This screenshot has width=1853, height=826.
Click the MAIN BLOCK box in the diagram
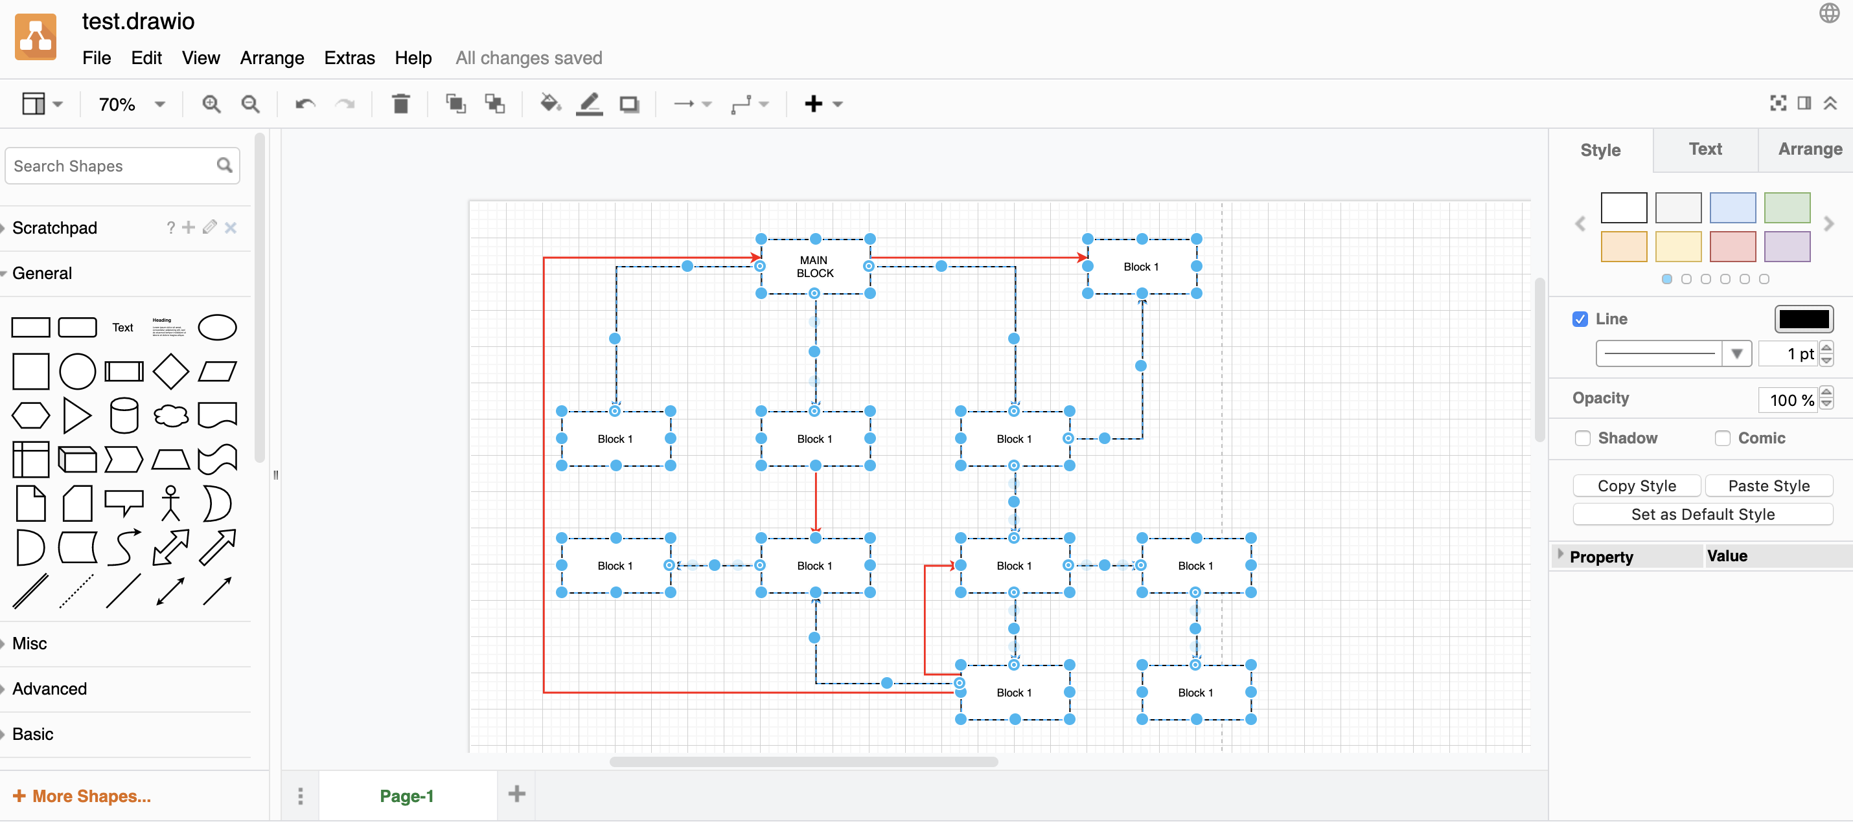point(814,267)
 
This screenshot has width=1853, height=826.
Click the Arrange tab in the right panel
point(1809,150)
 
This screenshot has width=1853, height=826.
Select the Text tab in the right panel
point(1705,150)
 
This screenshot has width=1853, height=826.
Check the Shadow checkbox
point(1583,438)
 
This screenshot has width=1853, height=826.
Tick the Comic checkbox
point(1722,438)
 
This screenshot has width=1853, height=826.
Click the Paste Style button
point(1768,486)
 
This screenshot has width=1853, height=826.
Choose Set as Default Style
point(1702,515)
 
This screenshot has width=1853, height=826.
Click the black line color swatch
point(1802,319)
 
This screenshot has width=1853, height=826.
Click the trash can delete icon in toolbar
point(400,104)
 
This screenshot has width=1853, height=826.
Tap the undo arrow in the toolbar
point(305,104)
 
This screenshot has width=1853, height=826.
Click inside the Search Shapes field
point(111,166)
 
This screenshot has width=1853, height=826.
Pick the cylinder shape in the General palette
point(124,416)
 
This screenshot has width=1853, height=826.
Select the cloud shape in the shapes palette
point(170,416)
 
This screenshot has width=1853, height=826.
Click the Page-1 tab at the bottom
point(406,796)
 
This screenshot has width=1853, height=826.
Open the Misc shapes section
point(30,643)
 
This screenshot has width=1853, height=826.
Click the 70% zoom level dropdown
point(131,104)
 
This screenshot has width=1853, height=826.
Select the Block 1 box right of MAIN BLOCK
point(1142,267)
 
